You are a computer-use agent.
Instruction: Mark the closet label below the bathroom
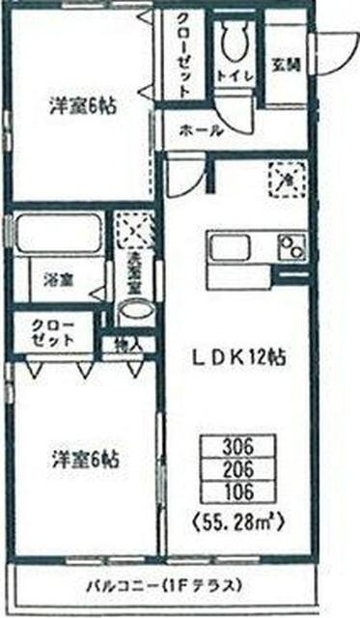[53, 331]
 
